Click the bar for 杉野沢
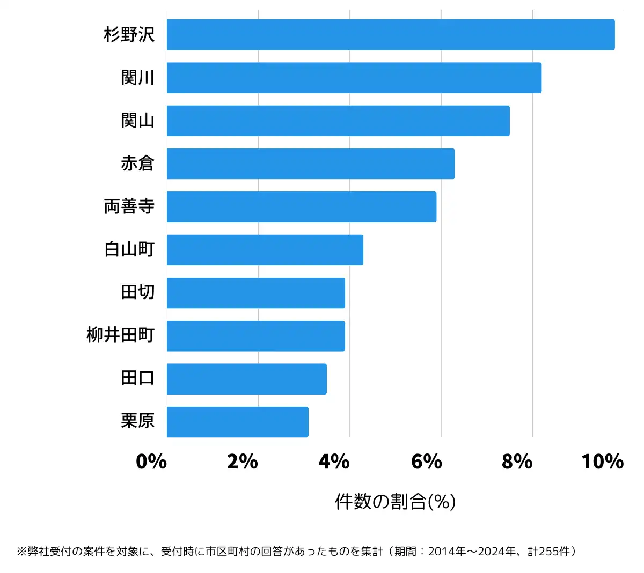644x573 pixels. click(x=391, y=35)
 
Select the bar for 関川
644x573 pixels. click(x=354, y=78)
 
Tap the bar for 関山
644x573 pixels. click(x=338, y=121)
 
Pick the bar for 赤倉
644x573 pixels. click(x=311, y=163)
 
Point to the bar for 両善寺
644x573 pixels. click(x=302, y=207)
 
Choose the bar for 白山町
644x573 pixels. click(x=265, y=250)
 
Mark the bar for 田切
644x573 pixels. click(x=256, y=293)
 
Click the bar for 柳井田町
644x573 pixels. click(x=256, y=336)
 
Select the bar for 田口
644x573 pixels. click(x=247, y=379)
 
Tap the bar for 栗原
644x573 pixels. click(x=238, y=422)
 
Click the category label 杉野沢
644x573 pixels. click(x=129, y=35)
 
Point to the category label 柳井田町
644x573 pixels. click(x=121, y=336)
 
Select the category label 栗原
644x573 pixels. click(x=138, y=421)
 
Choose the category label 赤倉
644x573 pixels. click(x=138, y=163)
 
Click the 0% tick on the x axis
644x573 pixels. click(x=151, y=462)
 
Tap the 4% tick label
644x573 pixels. click(x=334, y=462)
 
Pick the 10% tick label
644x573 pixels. click(x=602, y=462)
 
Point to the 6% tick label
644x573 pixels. click(x=426, y=462)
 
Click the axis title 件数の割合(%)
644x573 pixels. click(x=396, y=502)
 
